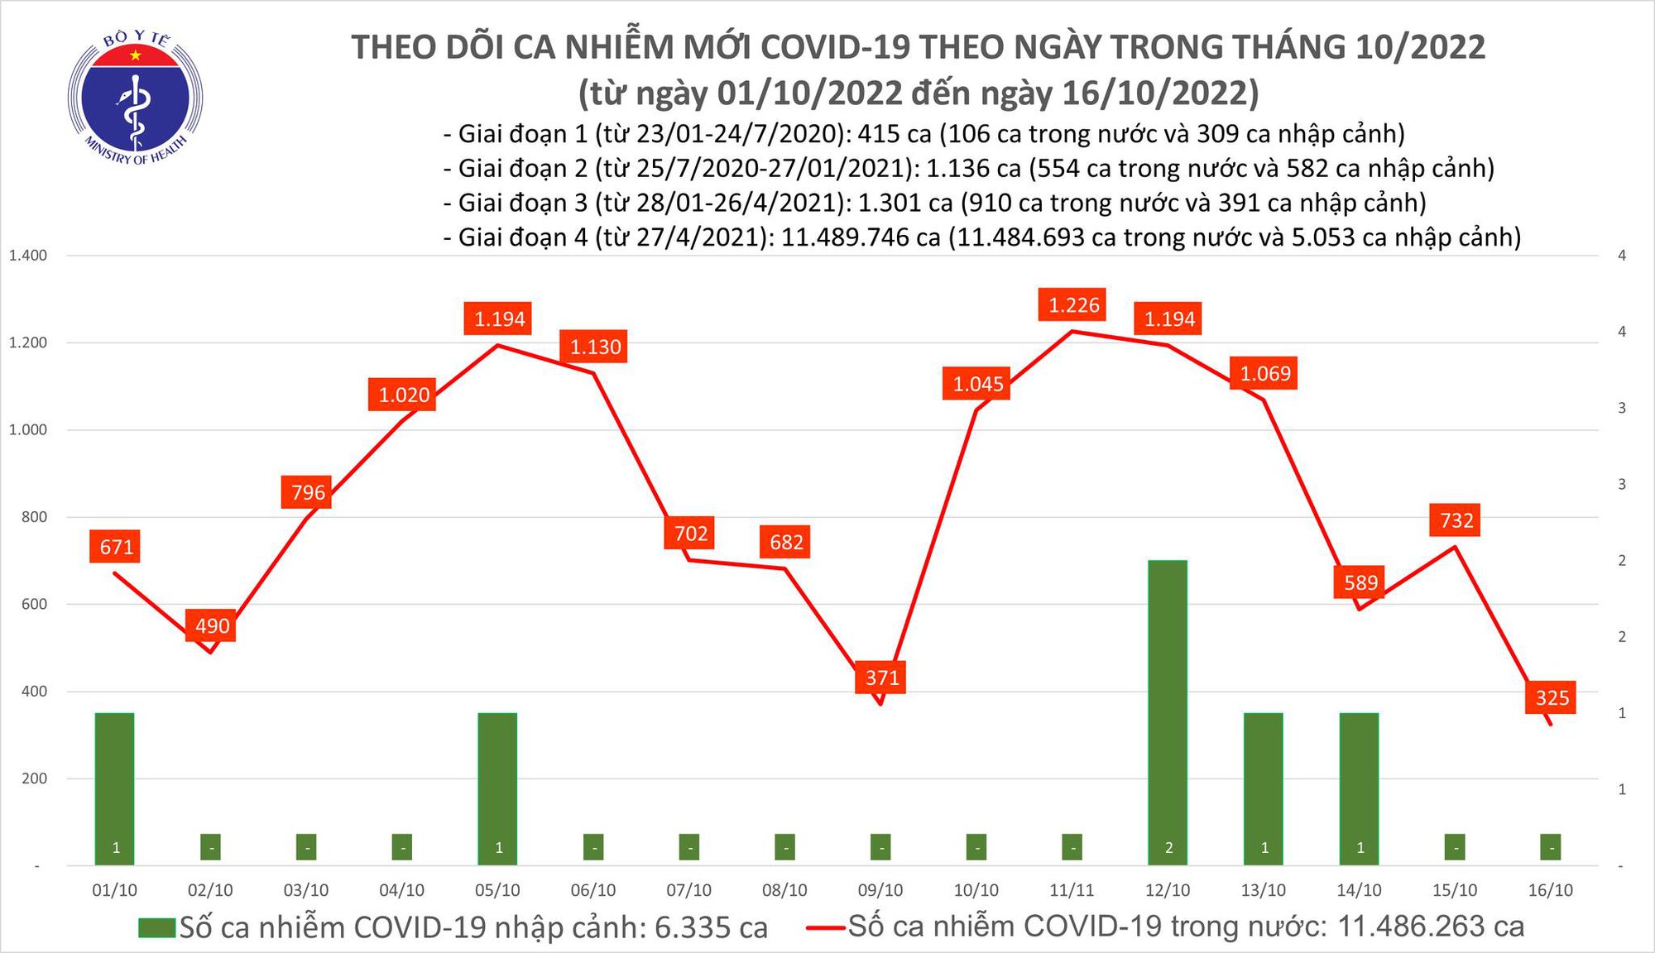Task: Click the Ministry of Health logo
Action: coord(135,98)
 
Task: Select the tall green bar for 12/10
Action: coord(1168,711)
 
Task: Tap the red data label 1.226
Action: coord(1073,305)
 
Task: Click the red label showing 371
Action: coord(881,678)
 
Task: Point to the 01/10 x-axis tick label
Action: coord(114,890)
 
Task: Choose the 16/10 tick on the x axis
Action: coord(1550,890)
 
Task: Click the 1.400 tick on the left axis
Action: coord(28,256)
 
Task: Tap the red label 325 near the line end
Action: coord(1552,697)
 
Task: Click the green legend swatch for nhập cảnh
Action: coord(157,927)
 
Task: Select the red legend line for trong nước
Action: coord(826,927)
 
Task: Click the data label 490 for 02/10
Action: coord(212,625)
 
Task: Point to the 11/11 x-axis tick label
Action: coord(1072,890)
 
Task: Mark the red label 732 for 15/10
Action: coord(1456,520)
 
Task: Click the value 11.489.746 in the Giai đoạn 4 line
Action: coord(861,237)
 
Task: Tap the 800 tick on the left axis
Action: coord(34,517)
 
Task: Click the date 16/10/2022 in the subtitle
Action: coord(1159,93)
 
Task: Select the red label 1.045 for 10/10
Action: coord(977,384)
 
